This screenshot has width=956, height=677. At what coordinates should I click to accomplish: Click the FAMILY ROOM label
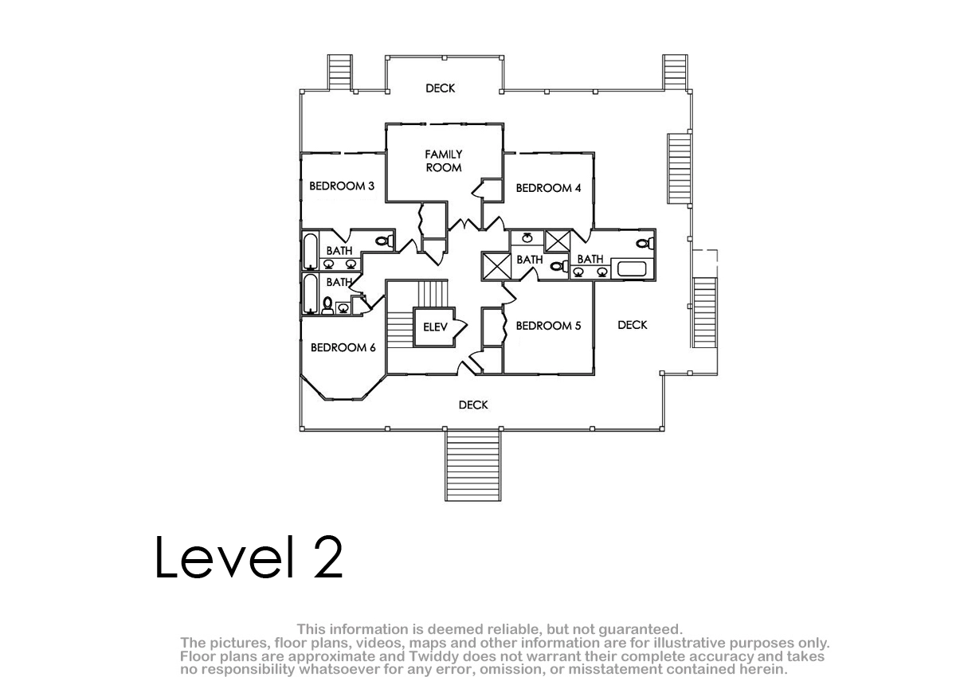coord(444,161)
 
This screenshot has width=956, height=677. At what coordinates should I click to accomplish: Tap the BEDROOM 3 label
coord(342,186)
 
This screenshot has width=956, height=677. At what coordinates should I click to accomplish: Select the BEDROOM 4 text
coord(548,188)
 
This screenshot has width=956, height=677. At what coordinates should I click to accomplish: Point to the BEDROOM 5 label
coord(548,326)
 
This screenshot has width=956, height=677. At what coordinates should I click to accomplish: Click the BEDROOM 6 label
coord(343,348)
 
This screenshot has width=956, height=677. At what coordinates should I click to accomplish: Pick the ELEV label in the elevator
coord(435,327)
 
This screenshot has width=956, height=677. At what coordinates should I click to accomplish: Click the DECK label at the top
coord(440,88)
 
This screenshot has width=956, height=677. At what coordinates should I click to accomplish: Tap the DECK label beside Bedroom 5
coord(632,325)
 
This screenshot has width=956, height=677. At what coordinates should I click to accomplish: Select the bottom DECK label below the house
coord(473,405)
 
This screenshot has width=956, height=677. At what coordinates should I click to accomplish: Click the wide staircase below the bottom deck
coord(473,465)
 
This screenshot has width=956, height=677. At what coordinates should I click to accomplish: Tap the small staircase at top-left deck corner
coord(339,72)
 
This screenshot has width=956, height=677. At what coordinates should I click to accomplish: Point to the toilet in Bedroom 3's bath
coord(385,241)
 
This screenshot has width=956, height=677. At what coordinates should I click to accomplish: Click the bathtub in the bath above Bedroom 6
coord(310,293)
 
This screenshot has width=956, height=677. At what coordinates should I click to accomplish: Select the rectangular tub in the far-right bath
coord(632,269)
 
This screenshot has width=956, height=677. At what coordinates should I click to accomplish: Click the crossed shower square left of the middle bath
coord(496,267)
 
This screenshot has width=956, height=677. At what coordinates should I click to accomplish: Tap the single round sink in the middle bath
coord(527,237)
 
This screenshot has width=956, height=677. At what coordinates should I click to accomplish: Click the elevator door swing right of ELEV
coord(460,327)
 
